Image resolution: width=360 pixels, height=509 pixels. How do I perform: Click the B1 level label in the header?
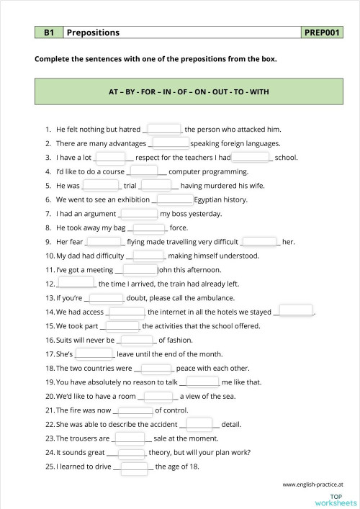pyautogui.click(x=49, y=32)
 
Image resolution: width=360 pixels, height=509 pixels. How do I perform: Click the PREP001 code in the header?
pyautogui.click(x=323, y=32)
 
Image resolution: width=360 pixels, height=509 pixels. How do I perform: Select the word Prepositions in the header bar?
pyautogui.click(x=93, y=32)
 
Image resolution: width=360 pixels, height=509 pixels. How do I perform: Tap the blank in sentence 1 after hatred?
pyautogui.click(x=164, y=129)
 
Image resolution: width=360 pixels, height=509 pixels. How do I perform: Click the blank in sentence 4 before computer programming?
pyautogui.click(x=144, y=171)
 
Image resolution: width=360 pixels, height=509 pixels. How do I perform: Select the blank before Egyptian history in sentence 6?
pyautogui.click(x=174, y=199)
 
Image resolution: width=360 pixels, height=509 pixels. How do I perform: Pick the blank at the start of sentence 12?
pyautogui.click(x=76, y=283)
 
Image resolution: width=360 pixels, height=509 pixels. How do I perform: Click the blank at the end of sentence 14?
pyautogui.click(x=296, y=311)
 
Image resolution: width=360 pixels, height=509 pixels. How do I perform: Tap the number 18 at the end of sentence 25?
pyautogui.click(x=195, y=466)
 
